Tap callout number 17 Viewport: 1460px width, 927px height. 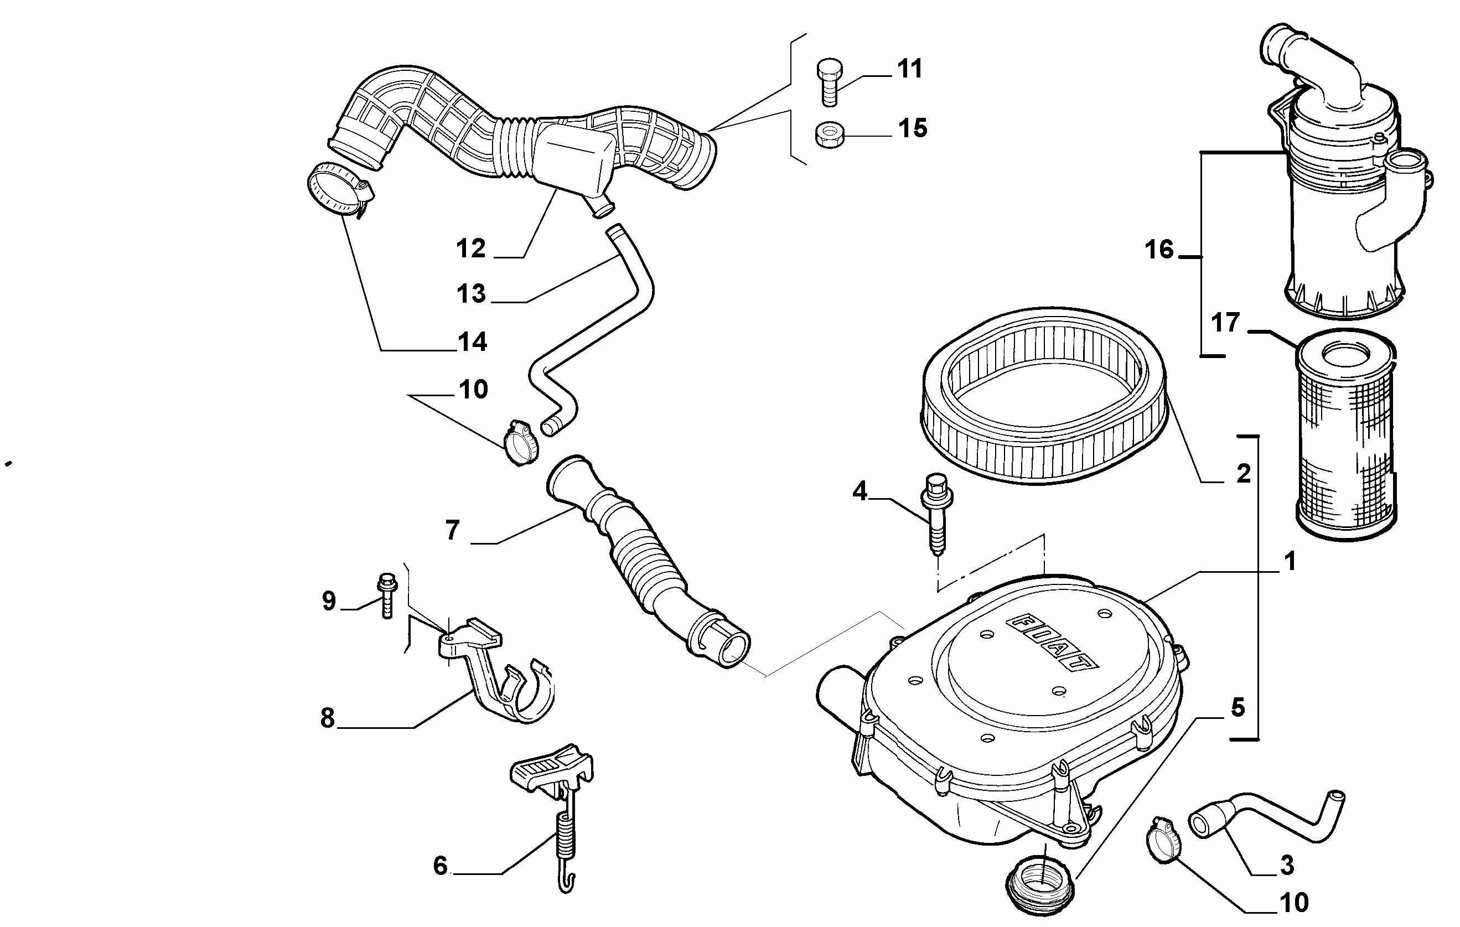[1225, 323]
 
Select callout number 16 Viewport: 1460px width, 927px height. [1159, 250]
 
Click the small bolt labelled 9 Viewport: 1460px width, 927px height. [386, 596]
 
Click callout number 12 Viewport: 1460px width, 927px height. [471, 248]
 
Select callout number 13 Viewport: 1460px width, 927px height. [471, 294]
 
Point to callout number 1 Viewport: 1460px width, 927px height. [1290, 561]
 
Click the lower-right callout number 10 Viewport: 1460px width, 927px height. [1294, 903]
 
